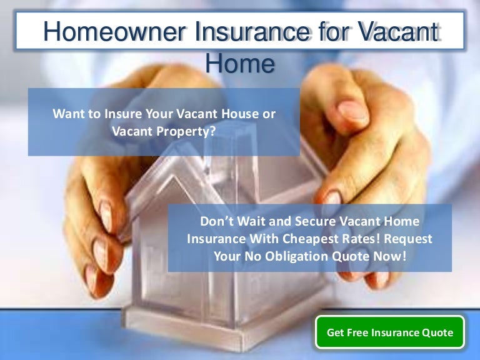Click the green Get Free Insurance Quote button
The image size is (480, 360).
[390, 332]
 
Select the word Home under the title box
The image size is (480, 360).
[240, 63]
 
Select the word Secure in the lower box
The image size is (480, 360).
[315, 221]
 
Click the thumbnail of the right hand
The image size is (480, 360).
[353, 111]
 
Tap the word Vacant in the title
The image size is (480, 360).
[398, 31]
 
